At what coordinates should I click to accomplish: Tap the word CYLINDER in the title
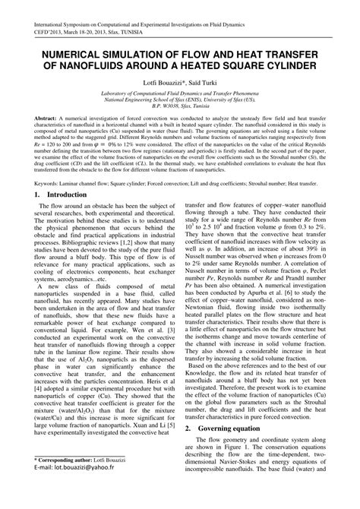click(x=286, y=66)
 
